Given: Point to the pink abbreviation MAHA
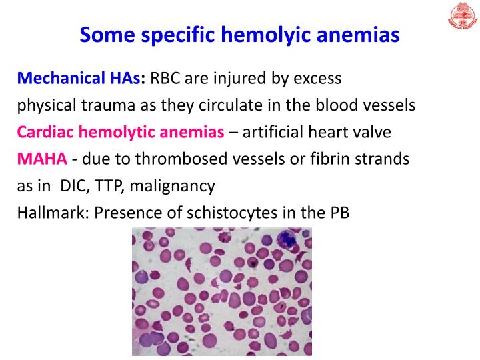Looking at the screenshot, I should coord(41,159).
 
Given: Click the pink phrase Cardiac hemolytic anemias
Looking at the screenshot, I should coord(120,132).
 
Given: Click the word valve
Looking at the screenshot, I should coord(372,132).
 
